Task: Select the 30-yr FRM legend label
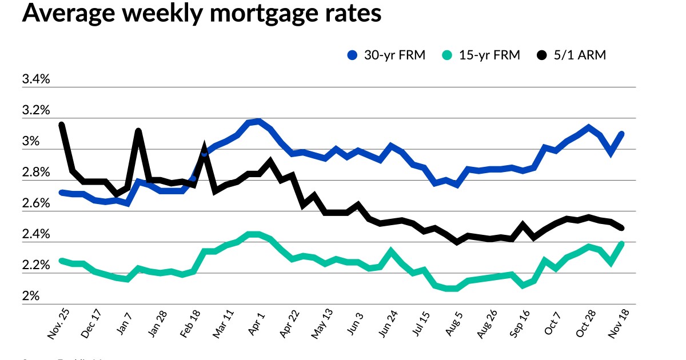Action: (395, 55)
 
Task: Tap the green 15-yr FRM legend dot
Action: (448, 55)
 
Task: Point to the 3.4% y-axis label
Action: (36, 79)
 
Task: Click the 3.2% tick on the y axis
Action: (36, 110)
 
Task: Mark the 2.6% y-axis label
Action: (36, 203)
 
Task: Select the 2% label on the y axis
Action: (31, 297)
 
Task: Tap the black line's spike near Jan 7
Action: (138, 131)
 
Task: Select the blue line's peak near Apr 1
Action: (259, 121)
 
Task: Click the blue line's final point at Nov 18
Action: (621, 134)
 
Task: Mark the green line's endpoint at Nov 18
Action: (621, 244)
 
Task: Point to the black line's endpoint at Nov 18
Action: (621, 228)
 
